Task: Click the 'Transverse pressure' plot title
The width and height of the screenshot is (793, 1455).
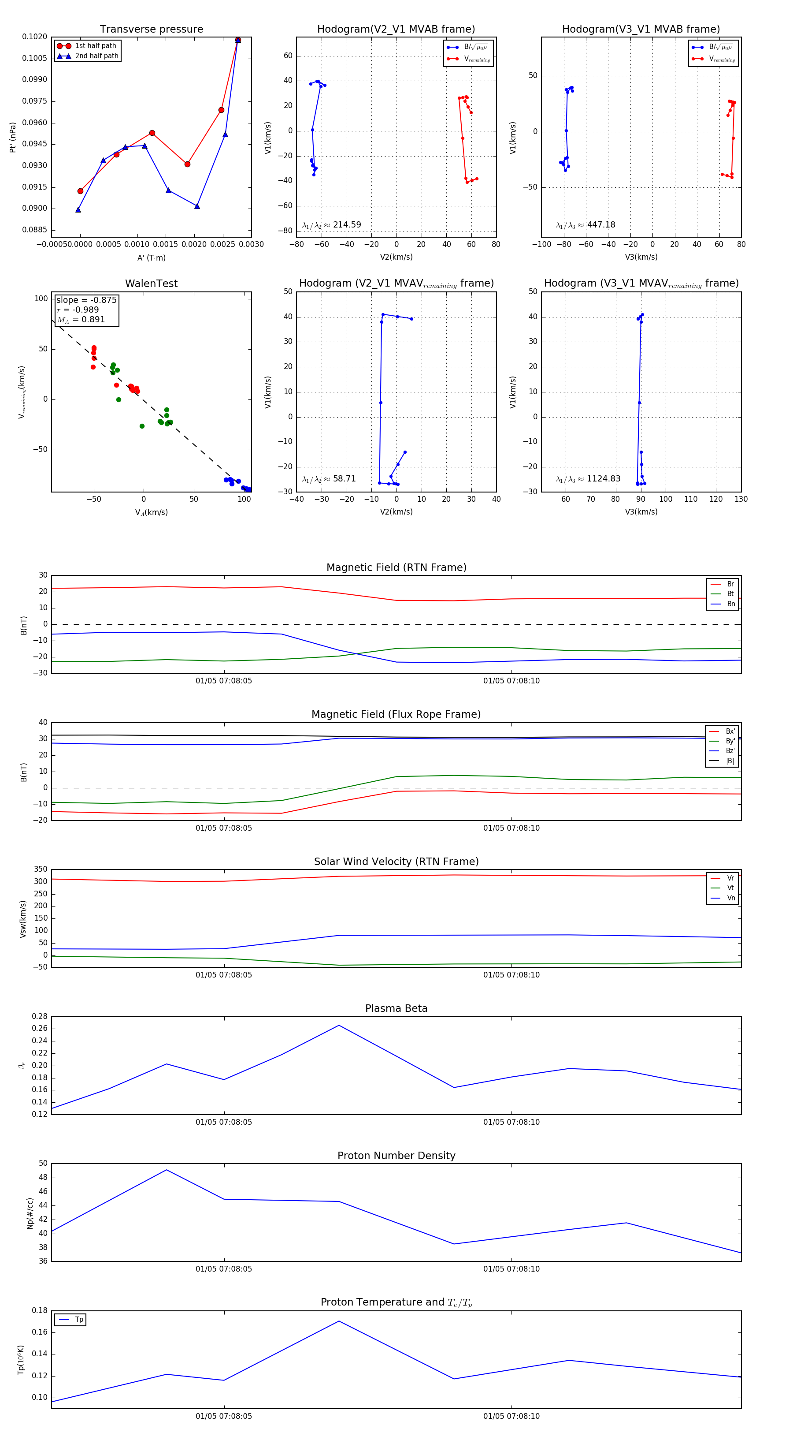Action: [151, 30]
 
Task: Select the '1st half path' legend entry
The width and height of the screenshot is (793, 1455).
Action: [95, 46]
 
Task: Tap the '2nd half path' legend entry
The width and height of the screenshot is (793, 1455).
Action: [96, 56]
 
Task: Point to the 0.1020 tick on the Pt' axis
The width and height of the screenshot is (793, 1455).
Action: [34, 37]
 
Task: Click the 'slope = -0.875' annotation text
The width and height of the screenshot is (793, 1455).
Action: [86, 300]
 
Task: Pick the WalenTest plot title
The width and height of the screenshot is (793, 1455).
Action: [151, 284]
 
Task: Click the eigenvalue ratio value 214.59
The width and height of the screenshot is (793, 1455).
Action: [347, 225]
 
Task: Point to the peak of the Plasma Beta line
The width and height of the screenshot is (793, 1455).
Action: [339, 1025]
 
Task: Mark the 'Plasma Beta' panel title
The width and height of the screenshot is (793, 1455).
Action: [396, 1008]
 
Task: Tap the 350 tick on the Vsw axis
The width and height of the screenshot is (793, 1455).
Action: [41, 869]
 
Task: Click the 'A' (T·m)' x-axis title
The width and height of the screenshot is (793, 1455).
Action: [151, 257]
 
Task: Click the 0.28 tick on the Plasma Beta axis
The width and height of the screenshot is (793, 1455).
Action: [40, 1016]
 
